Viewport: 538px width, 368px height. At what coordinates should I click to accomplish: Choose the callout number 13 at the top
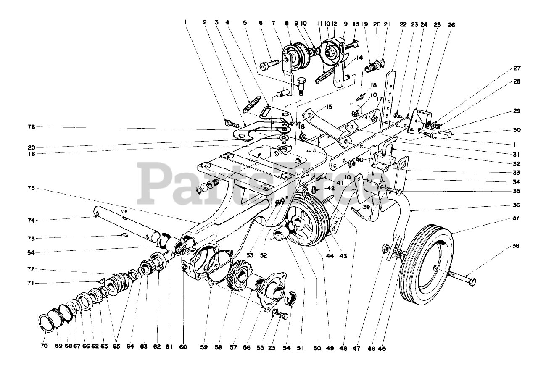click(356, 25)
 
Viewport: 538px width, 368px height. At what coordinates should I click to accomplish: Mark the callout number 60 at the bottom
click(183, 347)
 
